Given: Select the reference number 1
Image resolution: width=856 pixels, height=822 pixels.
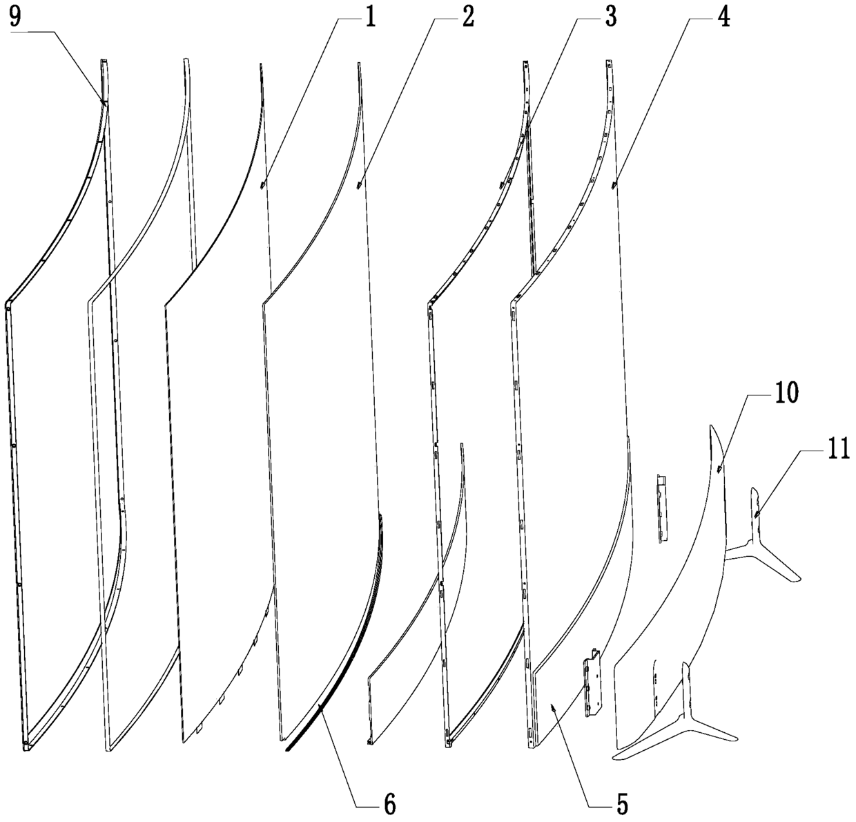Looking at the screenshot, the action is (x=371, y=17).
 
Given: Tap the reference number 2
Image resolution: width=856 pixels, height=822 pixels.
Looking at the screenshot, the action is (x=469, y=17).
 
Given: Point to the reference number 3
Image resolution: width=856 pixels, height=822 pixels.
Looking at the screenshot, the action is (x=611, y=17).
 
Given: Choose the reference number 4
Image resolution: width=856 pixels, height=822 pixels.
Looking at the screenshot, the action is (x=723, y=17).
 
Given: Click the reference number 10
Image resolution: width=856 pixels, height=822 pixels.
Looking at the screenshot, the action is (x=787, y=393).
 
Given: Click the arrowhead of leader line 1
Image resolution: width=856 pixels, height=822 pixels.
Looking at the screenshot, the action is (x=262, y=186).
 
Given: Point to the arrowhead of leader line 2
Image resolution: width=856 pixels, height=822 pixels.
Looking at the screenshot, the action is (x=358, y=186).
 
